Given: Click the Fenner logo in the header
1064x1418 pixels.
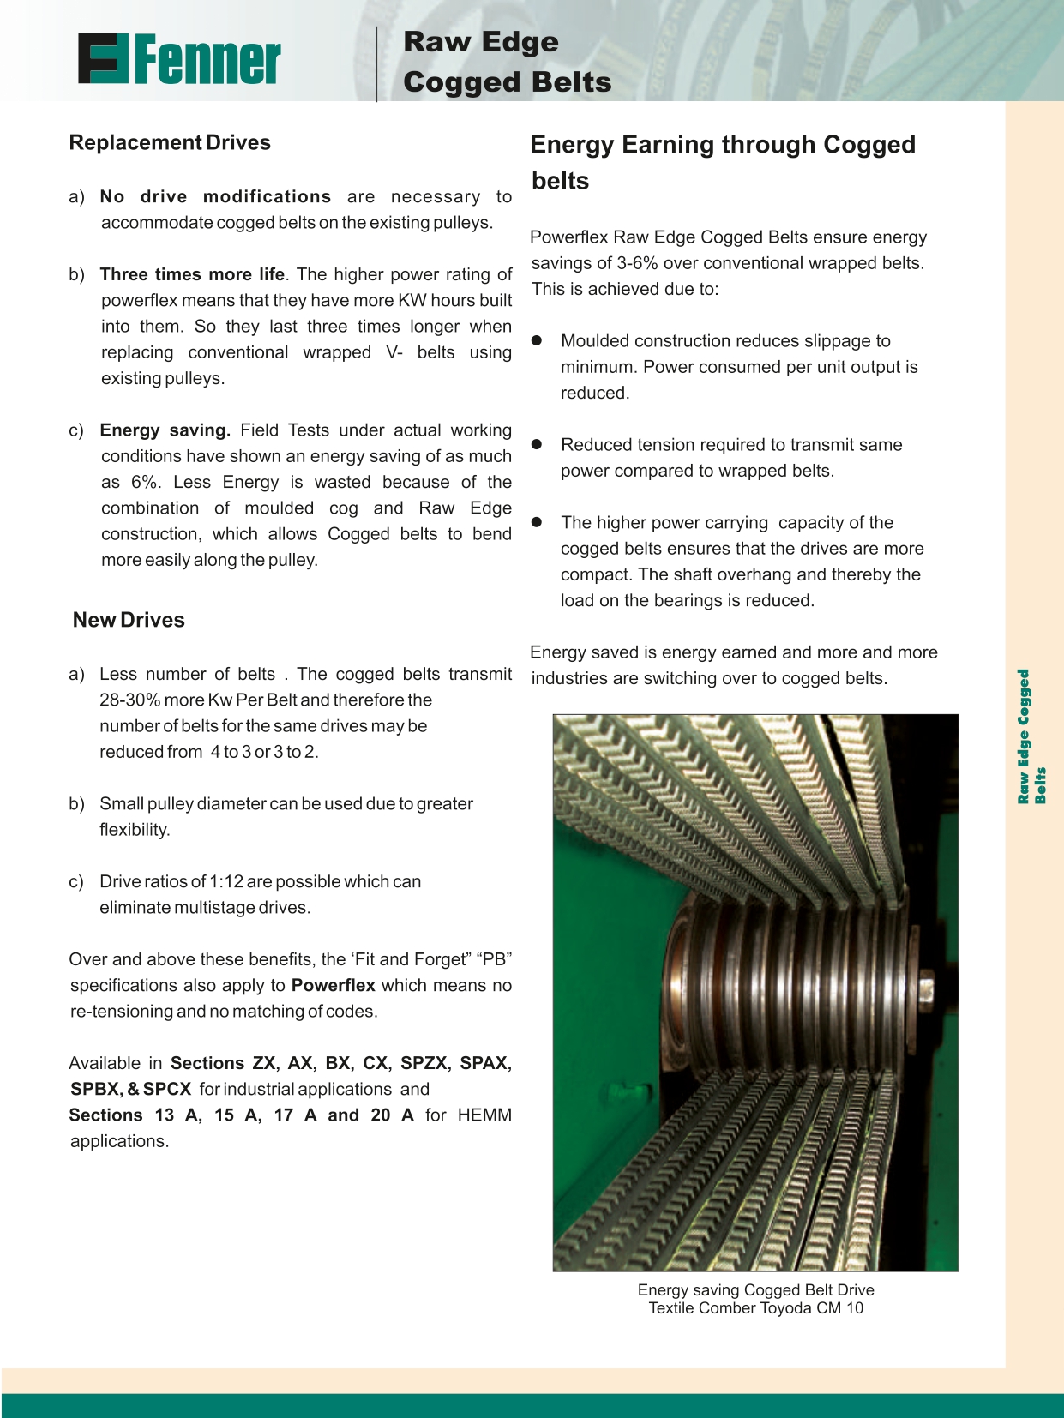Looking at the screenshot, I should click(179, 59).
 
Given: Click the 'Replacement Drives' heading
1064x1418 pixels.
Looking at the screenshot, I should click(170, 142).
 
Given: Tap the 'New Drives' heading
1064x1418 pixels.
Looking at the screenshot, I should click(129, 620).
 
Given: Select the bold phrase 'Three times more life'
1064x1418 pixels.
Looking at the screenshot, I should click(192, 274).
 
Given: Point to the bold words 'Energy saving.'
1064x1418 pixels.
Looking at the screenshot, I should click(165, 430).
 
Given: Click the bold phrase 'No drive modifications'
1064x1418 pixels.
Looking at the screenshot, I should click(215, 196).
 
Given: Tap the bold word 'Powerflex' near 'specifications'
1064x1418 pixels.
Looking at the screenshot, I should click(333, 985).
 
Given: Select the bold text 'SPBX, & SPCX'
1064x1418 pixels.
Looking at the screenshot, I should click(130, 1089).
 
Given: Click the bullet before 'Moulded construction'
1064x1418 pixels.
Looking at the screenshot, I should click(538, 340).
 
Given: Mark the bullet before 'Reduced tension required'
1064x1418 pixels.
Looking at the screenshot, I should click(538, 444).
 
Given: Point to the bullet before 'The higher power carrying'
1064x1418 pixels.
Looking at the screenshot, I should click(538, 522).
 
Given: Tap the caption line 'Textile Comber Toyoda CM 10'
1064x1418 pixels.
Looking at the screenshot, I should click(755, 1308).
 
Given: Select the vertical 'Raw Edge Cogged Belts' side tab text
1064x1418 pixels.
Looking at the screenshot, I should click(1031, 736).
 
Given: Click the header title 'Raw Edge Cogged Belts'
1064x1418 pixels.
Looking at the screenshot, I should click(507, 62).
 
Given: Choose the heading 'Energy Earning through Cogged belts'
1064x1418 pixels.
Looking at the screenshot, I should click(722, 162).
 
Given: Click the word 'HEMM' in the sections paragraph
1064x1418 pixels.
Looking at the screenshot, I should click(484, 1115).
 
